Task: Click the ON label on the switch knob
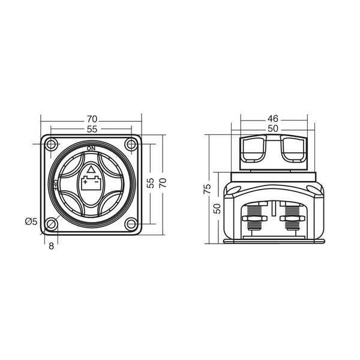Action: point(91,148)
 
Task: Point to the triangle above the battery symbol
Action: point(91,169)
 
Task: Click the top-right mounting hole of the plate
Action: point(131,144)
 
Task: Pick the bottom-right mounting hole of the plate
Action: point(131,224)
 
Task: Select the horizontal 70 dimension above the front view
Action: point(91,119)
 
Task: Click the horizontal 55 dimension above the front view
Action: point(91,129)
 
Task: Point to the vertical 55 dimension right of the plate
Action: point(151,183)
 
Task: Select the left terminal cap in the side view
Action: point(253,149)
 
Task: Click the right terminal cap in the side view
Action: point(293,149)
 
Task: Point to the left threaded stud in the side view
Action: point(254,220)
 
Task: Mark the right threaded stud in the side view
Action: point(292,220)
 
